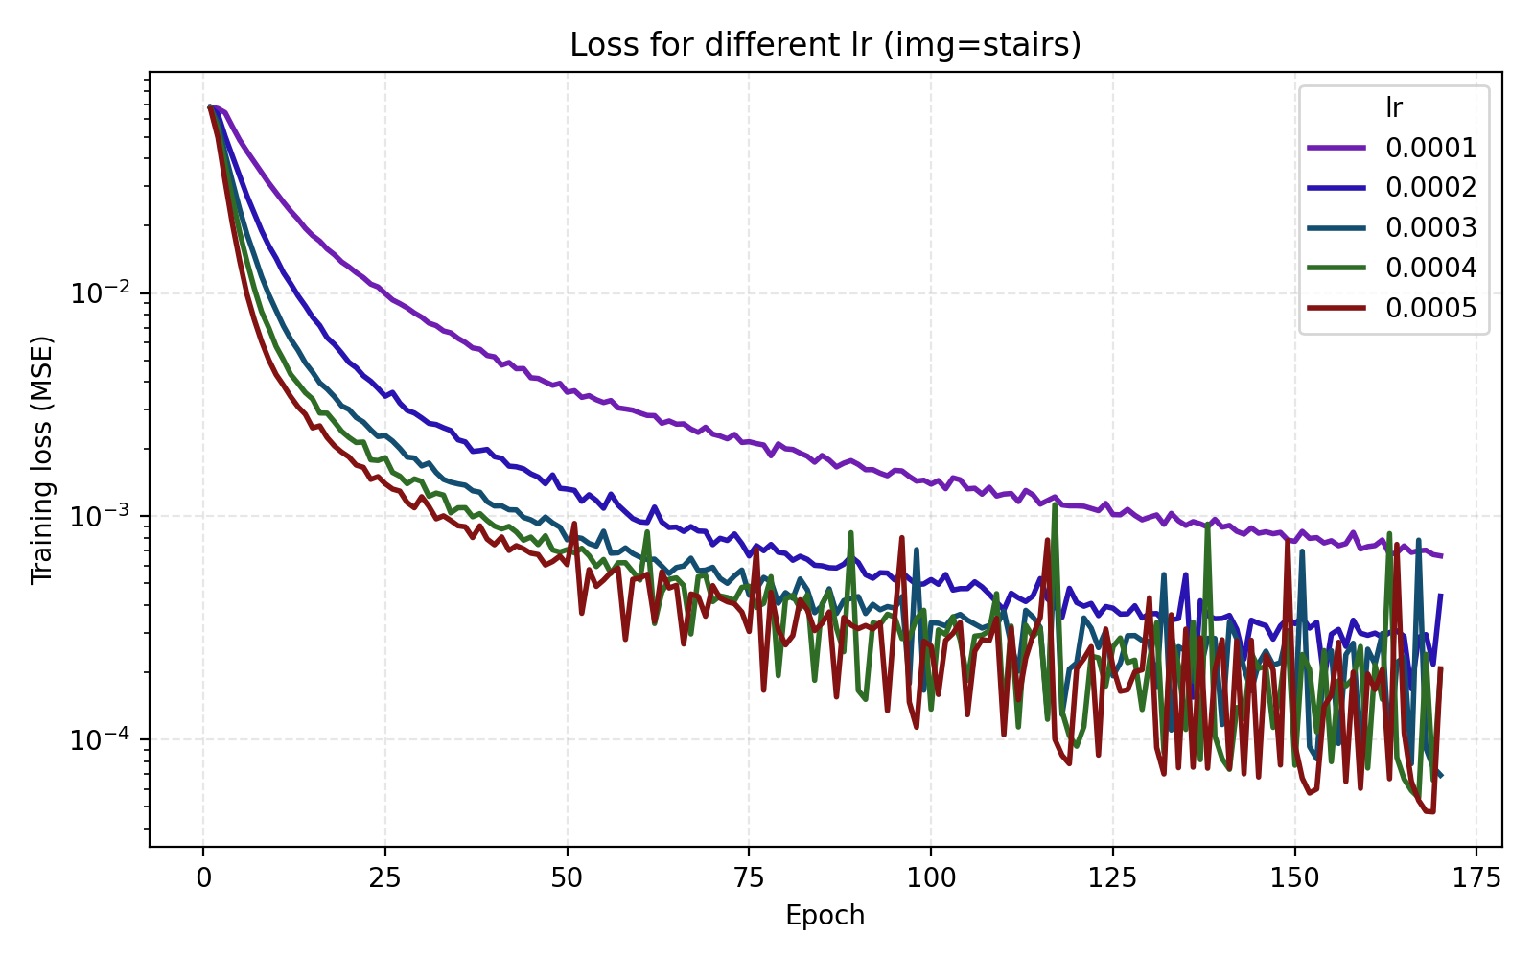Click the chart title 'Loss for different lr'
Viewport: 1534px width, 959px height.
click(x=825, y=45)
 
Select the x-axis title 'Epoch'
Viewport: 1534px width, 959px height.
click(x=825, y=916)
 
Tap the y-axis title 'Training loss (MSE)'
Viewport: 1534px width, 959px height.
click(x=41, y=459)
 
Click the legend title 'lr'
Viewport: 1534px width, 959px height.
click(x=1394, y=107)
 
